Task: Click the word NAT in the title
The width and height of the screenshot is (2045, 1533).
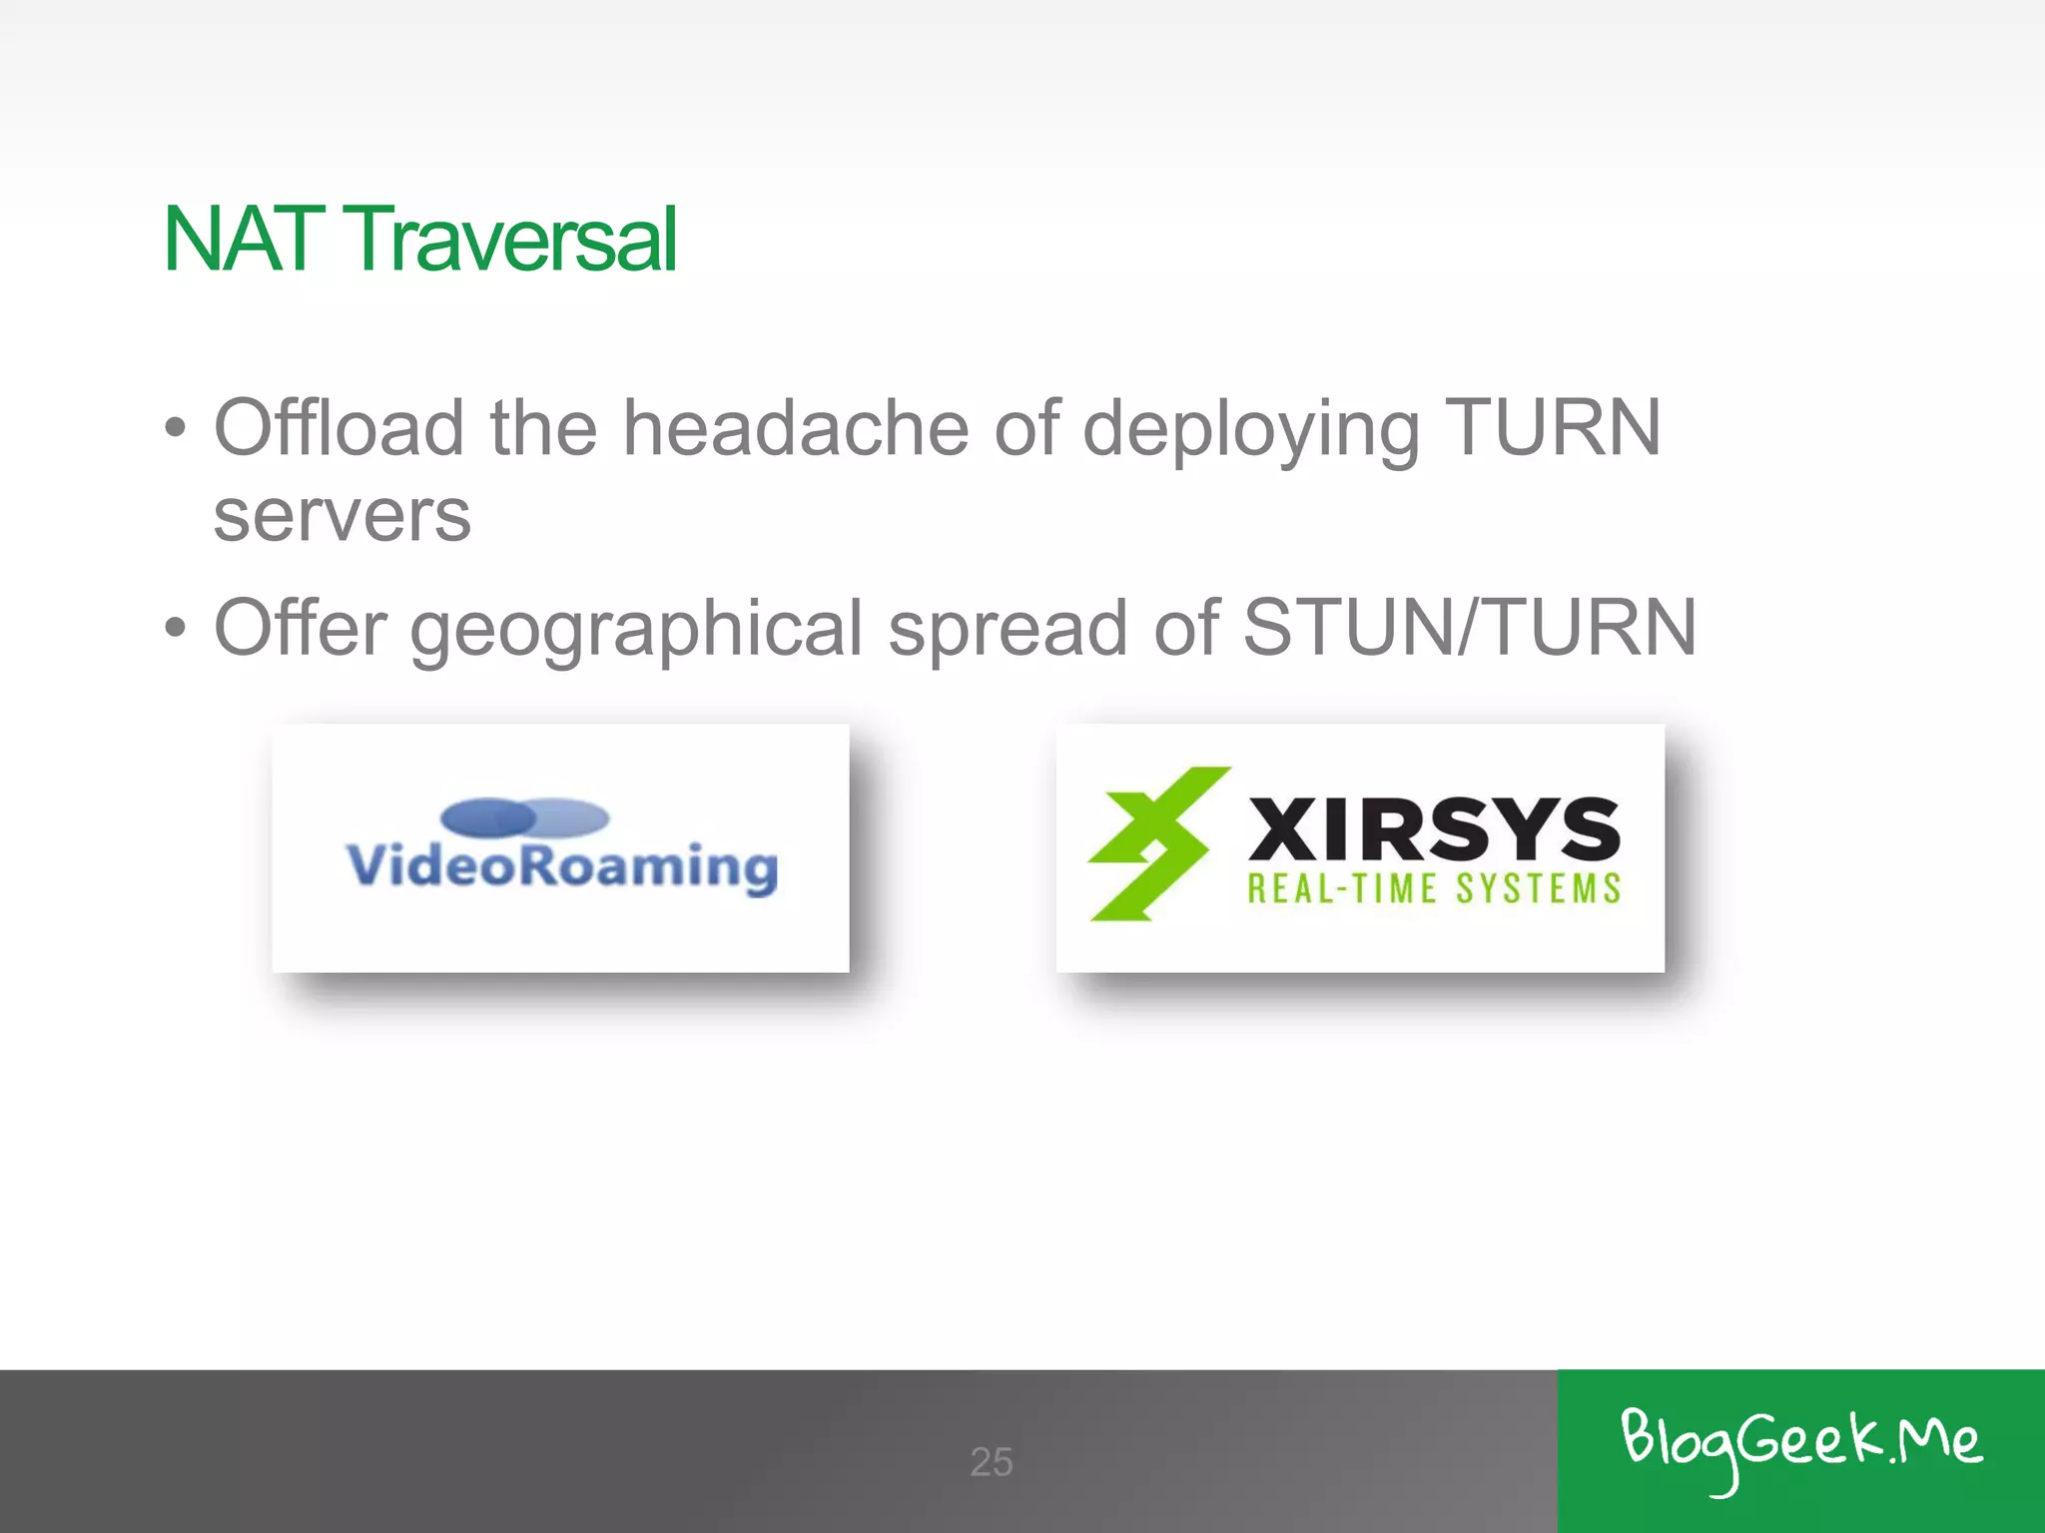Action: [x=244, y=240]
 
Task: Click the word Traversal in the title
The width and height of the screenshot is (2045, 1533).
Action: [x=513, y=240]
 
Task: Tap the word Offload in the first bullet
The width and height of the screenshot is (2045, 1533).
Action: [x=339, y=428]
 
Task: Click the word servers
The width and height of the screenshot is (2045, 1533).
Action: [x=341, y=516]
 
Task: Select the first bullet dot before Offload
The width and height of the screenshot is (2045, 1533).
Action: [x=176, y=429]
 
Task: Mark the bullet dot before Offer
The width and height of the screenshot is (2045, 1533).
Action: [x=176, y=629]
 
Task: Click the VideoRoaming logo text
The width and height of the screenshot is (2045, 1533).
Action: [x=561, y=865]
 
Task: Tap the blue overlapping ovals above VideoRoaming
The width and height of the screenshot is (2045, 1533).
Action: [x=524, y=817]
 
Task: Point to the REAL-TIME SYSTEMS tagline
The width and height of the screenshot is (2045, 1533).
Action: [x=1433, y=888]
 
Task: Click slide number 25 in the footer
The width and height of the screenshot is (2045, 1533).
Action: [x=992, y=1462]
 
